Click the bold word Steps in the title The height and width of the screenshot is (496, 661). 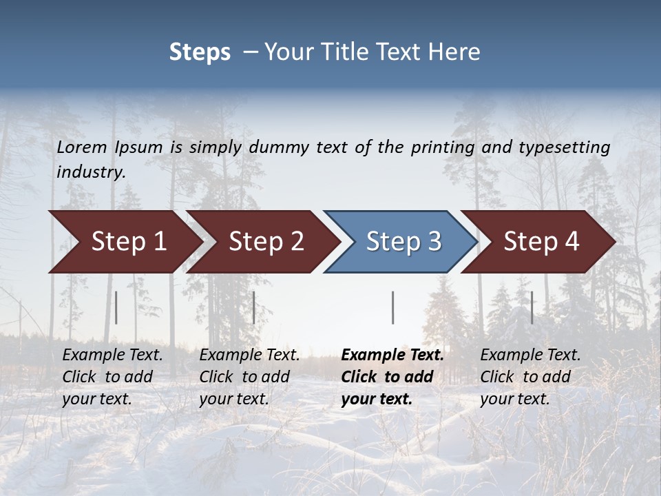pyautogui.click(x=200, y=52)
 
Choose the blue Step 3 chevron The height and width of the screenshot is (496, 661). pyautogui.click(x=403, y=242)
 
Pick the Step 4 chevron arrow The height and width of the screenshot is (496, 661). pyautogui.click(x=541, y=242)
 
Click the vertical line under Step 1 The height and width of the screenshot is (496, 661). pyautogui.click(x=116, y=307)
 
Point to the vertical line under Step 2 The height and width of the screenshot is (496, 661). pyautogui.click(x=254, y=307)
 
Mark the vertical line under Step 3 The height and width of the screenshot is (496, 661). pyautogui.click(x=392, y=307)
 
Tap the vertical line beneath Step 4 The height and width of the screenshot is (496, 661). pyautogui.click(x=532, y=307)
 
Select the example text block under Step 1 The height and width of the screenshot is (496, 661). pyautogui.click(x=112, y=376)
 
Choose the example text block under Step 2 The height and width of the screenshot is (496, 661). pyautogui.click(x=249, y=376)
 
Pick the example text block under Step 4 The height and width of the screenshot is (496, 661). pyautogui.click(x=530, y=376)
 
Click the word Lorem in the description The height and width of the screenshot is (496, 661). pyautogui.click(x=82, y=147)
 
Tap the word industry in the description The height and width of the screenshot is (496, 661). pyautogui.click(x=90, y=172)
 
